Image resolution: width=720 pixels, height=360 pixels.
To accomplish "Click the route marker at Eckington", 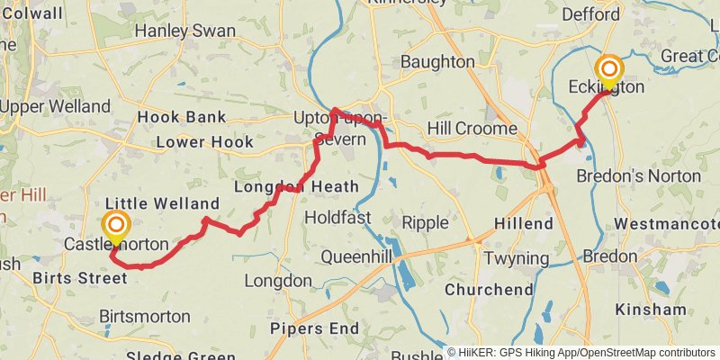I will click(609, 71).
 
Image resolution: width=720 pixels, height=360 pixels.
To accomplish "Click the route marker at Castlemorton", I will click(116, 227).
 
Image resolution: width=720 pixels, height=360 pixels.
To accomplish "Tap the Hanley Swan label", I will click(184, 31).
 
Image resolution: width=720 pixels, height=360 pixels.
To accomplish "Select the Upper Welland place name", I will click(55, 107).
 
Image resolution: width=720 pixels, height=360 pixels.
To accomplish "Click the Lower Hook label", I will click(205, 142).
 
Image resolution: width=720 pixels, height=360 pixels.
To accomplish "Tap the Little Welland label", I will click(162, 202).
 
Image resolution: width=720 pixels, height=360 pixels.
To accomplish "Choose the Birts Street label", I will click(79, 278).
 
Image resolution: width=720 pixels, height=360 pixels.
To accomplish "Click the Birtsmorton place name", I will click(145, 317).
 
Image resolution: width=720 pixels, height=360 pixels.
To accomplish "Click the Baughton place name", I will click(436, 62).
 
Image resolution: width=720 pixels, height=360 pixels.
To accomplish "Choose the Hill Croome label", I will click(472, 129).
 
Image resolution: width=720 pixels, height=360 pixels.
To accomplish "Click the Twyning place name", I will click(517, 259).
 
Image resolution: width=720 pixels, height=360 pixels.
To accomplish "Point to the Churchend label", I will click(489, 290).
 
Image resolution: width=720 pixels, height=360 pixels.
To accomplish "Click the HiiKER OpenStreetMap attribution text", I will click(582, 353).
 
